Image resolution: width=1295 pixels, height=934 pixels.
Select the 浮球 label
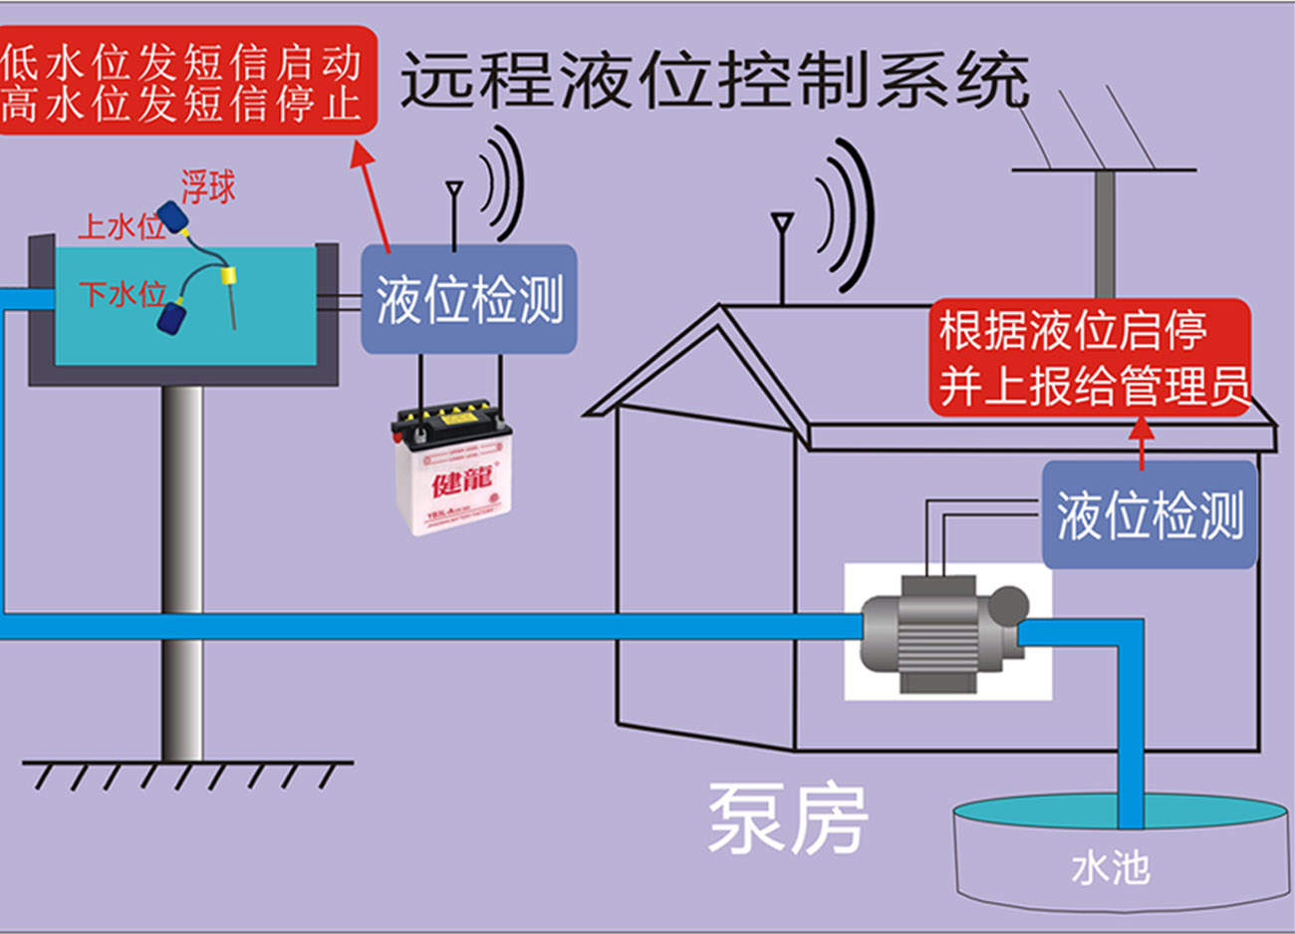point(208,186)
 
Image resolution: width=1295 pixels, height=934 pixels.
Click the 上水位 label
point(121,227)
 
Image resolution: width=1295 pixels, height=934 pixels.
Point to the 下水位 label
point(123,294)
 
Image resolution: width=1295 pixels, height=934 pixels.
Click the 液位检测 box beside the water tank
point(468,299)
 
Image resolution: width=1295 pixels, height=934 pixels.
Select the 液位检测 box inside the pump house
point(1149,515)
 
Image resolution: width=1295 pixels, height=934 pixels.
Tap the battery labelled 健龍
point(454,468)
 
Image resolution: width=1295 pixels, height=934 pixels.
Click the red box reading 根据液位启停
point(1092,357)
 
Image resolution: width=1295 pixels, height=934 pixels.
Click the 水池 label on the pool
point(1110,868)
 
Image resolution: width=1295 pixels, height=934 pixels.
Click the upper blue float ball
point(176,217)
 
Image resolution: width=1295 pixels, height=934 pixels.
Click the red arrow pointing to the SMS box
point(372,195)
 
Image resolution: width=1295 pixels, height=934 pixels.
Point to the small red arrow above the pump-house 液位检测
point(1143,441)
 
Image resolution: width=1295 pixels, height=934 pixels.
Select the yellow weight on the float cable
point(230,275)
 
